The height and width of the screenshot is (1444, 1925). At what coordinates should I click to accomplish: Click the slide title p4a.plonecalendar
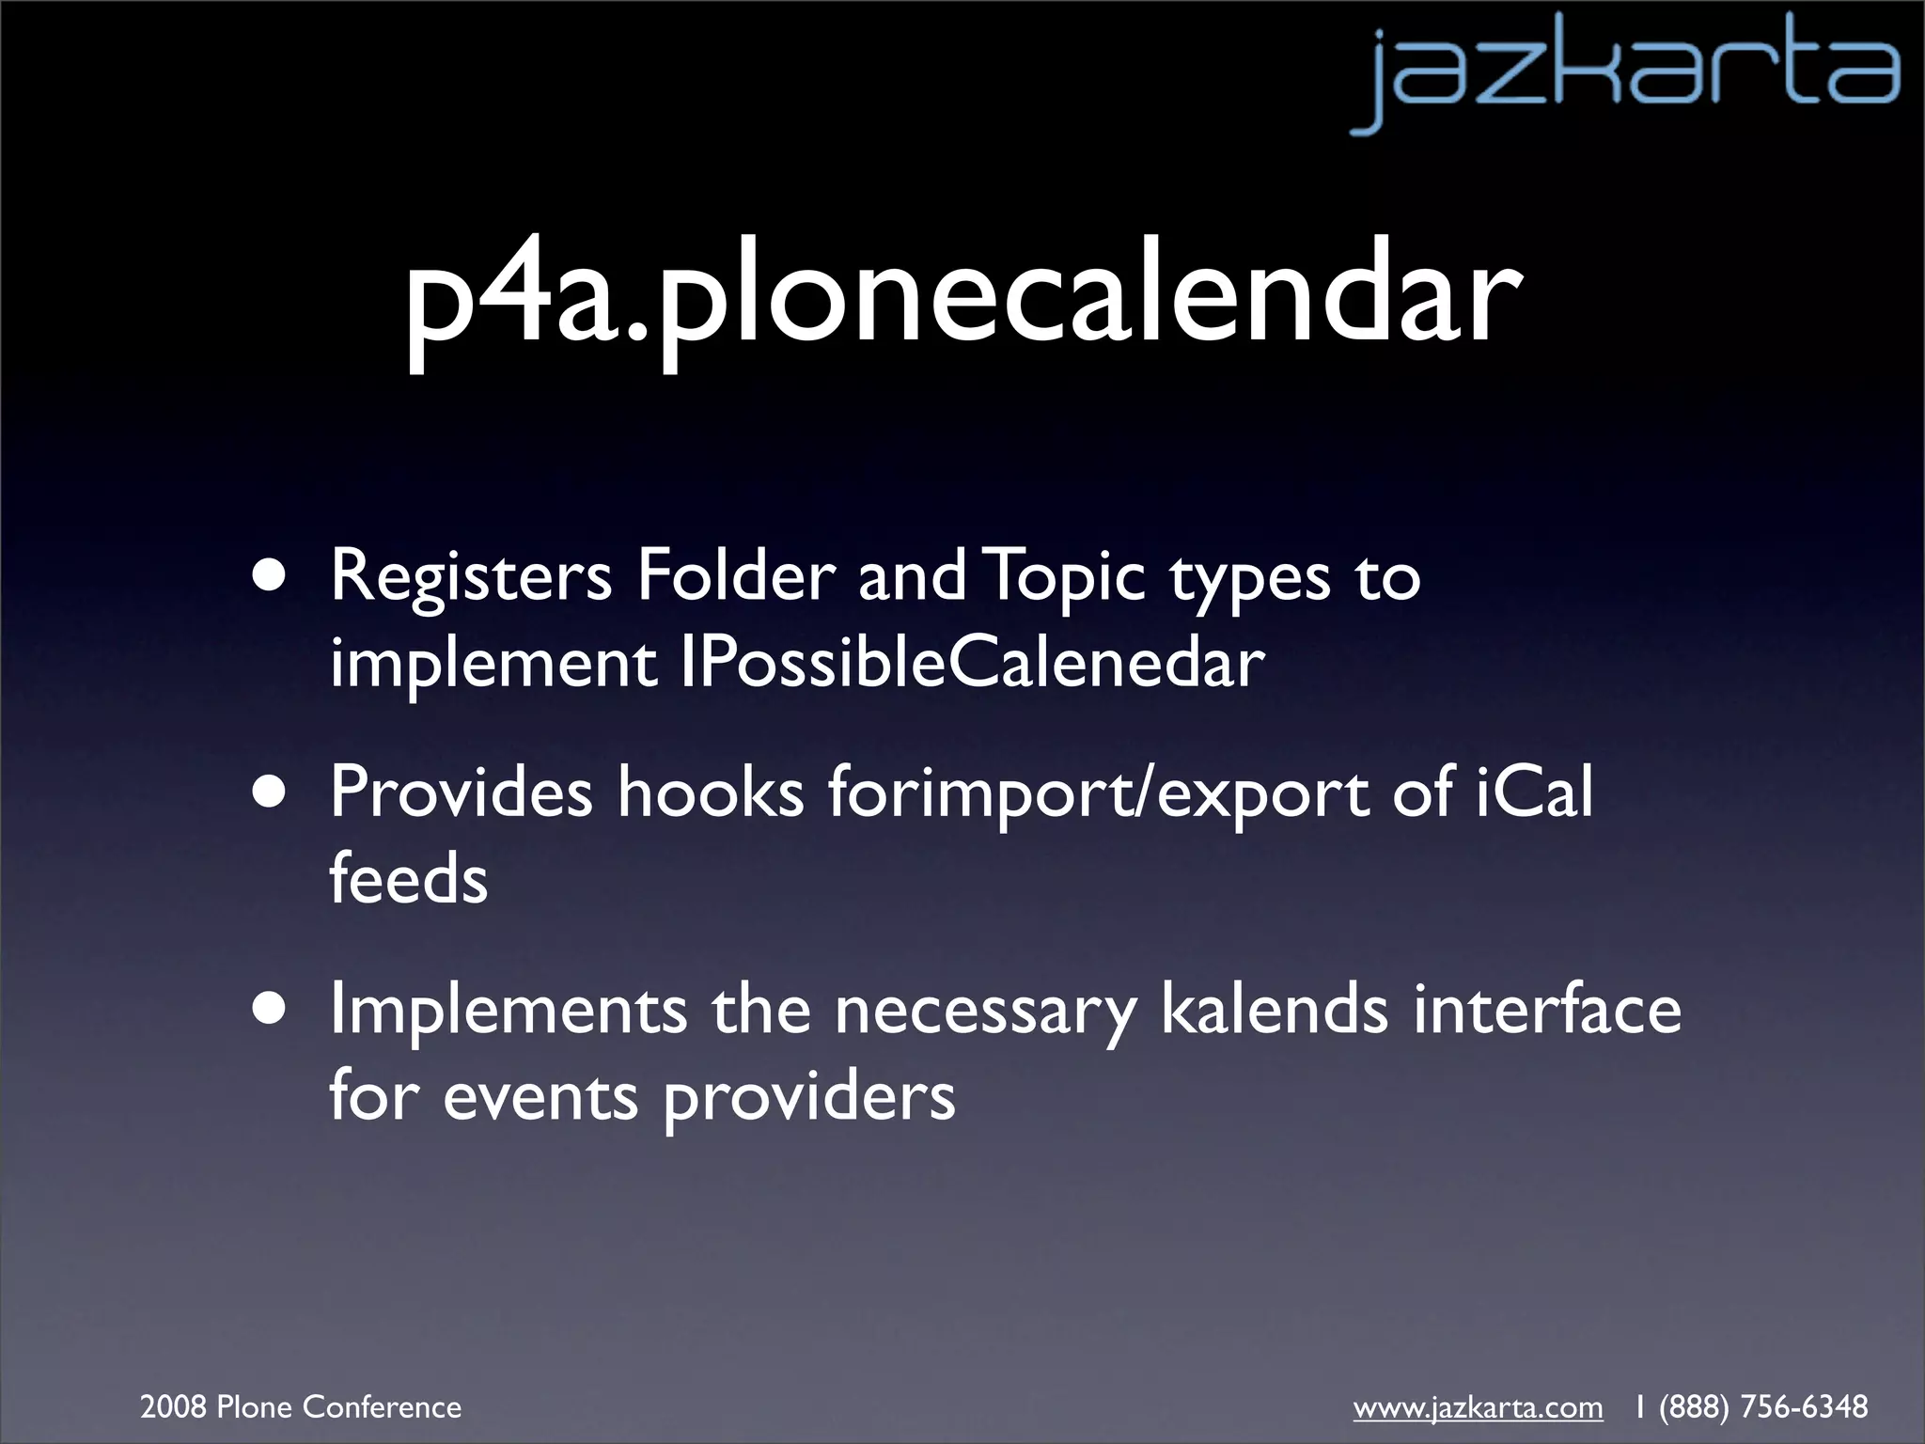pos(961,303)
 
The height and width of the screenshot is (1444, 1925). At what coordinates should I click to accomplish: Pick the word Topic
pos(1067,578)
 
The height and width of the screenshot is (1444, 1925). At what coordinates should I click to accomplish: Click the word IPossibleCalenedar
pos(972,663)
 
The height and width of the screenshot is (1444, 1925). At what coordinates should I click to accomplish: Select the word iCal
pos(1533,793)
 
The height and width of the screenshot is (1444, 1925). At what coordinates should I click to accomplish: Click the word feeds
pos(408,879)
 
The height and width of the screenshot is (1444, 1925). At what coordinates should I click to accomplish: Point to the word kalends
pos(1274,1010)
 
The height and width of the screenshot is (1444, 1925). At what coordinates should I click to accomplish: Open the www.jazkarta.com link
pos(1478,1407)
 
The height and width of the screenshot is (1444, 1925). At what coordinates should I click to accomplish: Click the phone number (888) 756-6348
pos(1763,1407)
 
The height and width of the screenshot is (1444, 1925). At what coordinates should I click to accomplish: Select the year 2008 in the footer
pos(173,1407)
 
